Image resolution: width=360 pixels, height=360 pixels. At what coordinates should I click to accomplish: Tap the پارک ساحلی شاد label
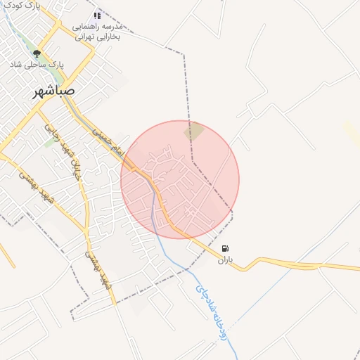37,63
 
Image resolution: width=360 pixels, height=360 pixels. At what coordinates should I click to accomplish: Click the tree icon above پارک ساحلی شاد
37,53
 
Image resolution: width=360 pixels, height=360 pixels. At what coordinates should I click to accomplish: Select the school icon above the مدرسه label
97,15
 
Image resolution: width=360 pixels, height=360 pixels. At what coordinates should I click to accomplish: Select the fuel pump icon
224,248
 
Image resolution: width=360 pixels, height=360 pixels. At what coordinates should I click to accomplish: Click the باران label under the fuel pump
224,260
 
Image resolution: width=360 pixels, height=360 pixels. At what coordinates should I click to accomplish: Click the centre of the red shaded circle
180,179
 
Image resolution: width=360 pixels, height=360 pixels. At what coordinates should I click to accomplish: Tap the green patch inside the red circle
194,131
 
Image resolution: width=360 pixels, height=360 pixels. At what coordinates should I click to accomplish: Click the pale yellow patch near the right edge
352,133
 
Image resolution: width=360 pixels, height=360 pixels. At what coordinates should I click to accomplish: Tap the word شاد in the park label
16,63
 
